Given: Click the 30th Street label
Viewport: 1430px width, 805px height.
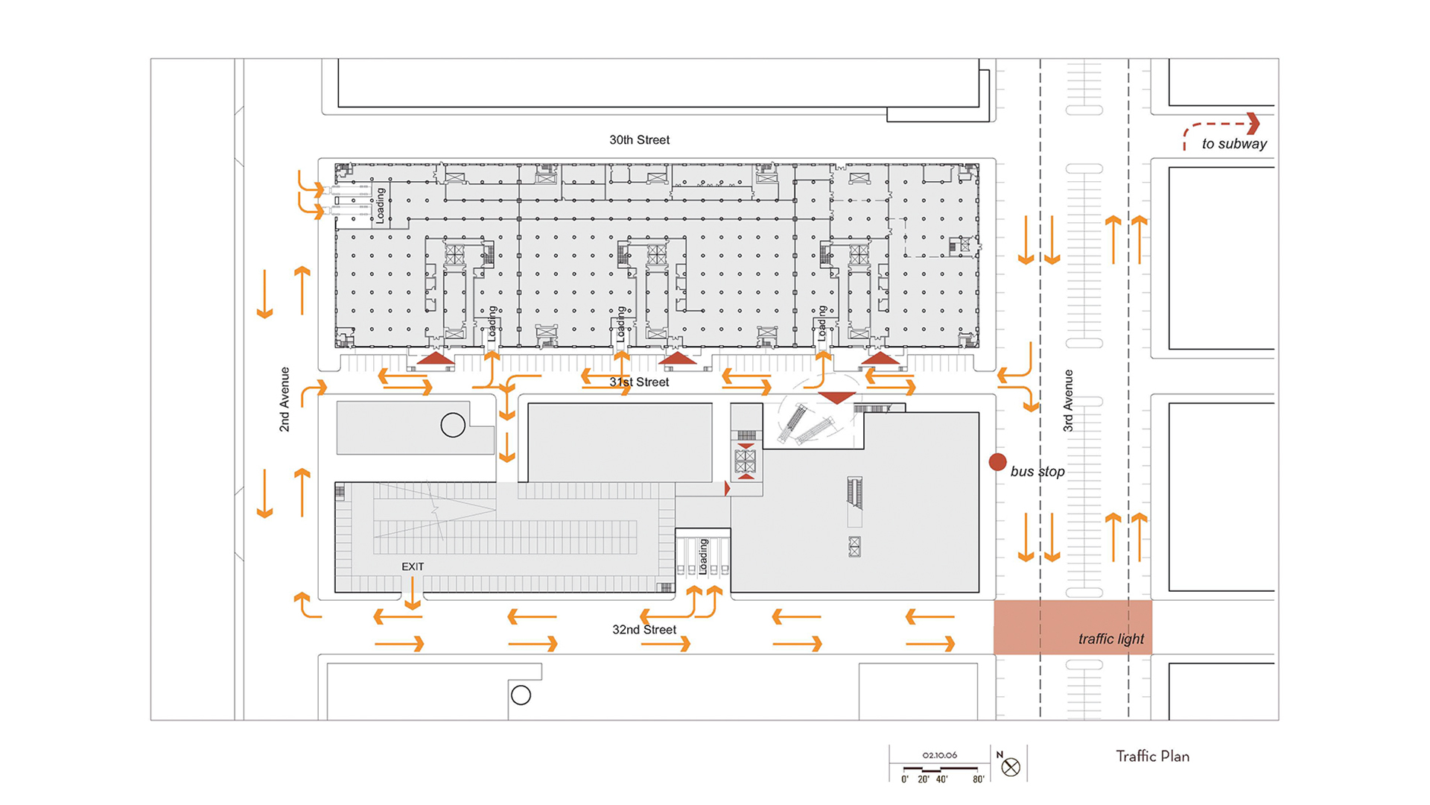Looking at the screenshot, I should pyautogui.click(x=639, y=140).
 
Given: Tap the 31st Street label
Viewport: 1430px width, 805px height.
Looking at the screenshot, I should pyautogui.click(x=639, y=382).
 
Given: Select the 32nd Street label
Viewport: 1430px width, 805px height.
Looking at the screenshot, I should pyautogui.click(x=644, y=630).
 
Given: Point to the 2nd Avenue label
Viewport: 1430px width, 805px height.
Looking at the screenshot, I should pyautogui.click(x=285, y=400).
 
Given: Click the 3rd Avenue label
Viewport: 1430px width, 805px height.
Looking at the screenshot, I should pyautogui.click(x=1068, y=401).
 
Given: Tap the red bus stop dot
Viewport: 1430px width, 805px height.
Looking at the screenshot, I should pyautogui.click(x=997, y=462).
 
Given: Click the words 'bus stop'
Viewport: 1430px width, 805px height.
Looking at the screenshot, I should pyautogui.click(x=1037, y=472).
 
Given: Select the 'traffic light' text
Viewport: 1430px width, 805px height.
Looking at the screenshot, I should pyautogui.click(x=1111, y=639).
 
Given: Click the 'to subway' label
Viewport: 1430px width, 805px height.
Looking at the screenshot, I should pyautogui.click(x=1234, y=144).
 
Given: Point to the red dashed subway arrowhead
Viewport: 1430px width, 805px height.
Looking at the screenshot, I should pyautogui.click(x=1253, y=123).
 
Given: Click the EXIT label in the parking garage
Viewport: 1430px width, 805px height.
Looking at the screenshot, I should pyautogui.click(x=413, y=566).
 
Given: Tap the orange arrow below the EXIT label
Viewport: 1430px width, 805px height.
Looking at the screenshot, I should pyautogui.click(x=412, y=594).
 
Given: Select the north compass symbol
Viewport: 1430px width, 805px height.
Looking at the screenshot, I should pyautogui.click(x=1011, y=767).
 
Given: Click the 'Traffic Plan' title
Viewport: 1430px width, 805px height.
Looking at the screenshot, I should pyautogui.click(x=1152, y=757).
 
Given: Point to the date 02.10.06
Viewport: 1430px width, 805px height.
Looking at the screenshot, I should pyautogui.click(x=940, y=755).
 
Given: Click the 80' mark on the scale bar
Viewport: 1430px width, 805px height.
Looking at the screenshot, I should pyautogui.click(x=978, y=779).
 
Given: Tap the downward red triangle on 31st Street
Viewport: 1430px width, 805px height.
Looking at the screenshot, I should pyautogui.click(x=836, y=398).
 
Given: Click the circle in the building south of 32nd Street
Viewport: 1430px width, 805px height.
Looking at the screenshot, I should pyautogui.click(x=521, y=695).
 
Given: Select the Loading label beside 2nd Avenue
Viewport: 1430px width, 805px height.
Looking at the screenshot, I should pyautogui.click(x=380, y=206).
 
